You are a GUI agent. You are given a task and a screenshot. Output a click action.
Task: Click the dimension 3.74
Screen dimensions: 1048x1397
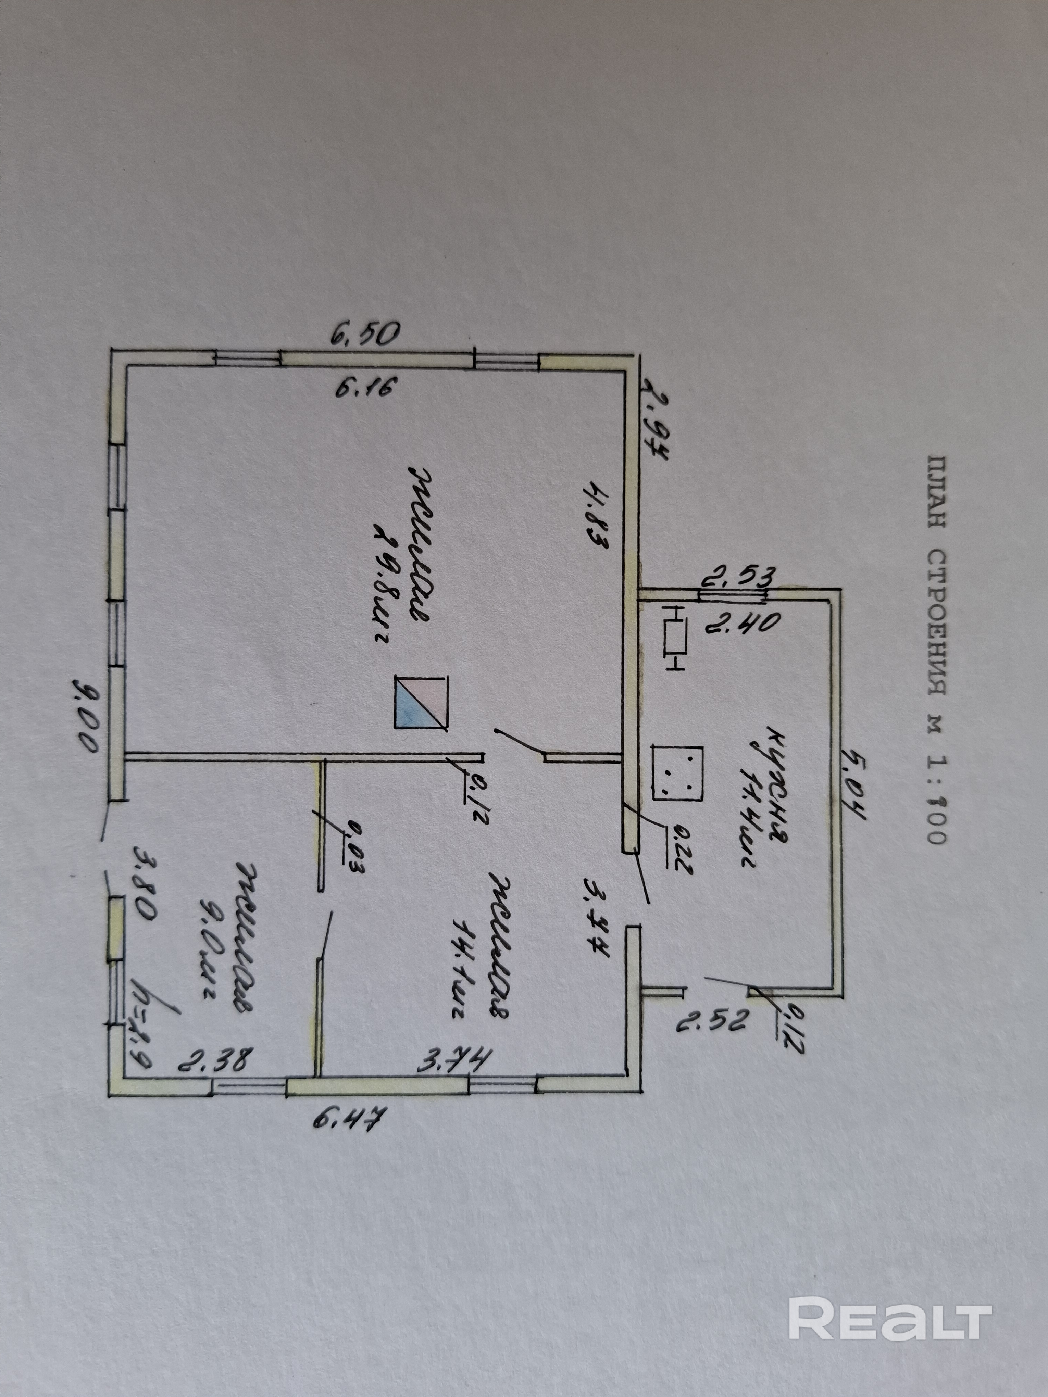coord(453,1059)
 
